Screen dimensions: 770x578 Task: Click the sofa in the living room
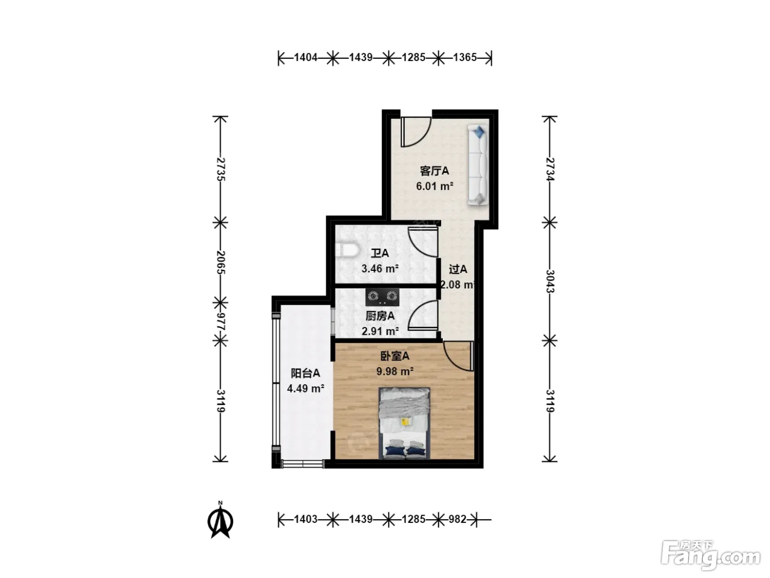click(x=478, y=165)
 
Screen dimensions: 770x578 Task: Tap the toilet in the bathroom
click(x=347, y=250)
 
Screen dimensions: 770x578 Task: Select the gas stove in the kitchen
click(x=382, y=297)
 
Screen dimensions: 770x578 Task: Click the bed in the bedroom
click(x=404, y=423)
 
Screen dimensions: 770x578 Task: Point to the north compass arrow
click(x=221, y=520)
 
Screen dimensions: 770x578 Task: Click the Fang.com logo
click(x=711, y=554)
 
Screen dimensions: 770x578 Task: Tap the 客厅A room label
click(x=435, y=171)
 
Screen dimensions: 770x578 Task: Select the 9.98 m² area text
click(x=395, y=371)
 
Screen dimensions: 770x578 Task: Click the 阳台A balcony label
click(x=305, y=373)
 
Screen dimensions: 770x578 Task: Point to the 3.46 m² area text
click(x=380, y=269)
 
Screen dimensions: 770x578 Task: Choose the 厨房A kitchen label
click(x=380, y=316)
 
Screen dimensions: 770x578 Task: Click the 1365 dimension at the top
click(x=465, y=57)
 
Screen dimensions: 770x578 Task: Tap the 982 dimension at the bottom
click(x=458, y=519)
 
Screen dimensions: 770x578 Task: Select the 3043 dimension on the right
click(x=549, y=281)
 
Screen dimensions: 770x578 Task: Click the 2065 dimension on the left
click(x=221, y=262)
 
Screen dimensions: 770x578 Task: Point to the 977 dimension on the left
click(x=221, y=321)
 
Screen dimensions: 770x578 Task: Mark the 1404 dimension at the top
click(x=306, y=57)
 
